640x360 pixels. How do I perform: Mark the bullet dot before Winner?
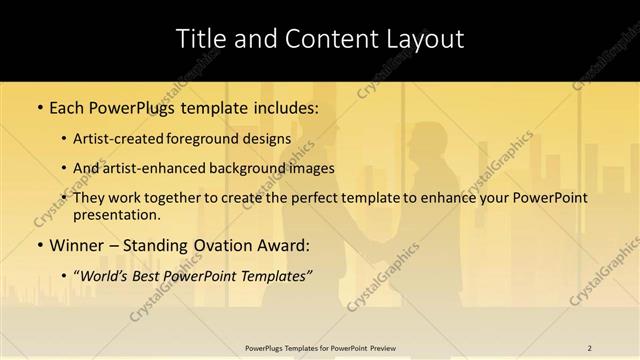[39, 245]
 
